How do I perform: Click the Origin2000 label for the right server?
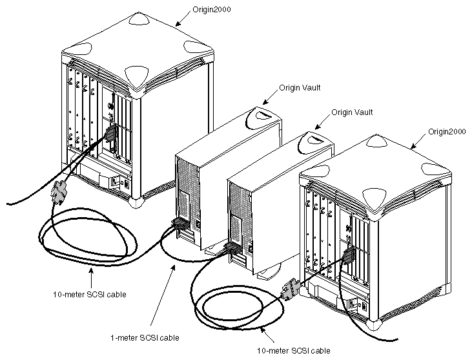coord(447,131)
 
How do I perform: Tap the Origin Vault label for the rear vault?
coord(300,87)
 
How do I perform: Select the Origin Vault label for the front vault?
coord(352,112)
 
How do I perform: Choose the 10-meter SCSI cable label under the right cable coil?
coord(294,350)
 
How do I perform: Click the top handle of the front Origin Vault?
coord(317,139)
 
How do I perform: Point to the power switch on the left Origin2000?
coord(116,181)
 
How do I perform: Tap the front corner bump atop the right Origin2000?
coord(375,195)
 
